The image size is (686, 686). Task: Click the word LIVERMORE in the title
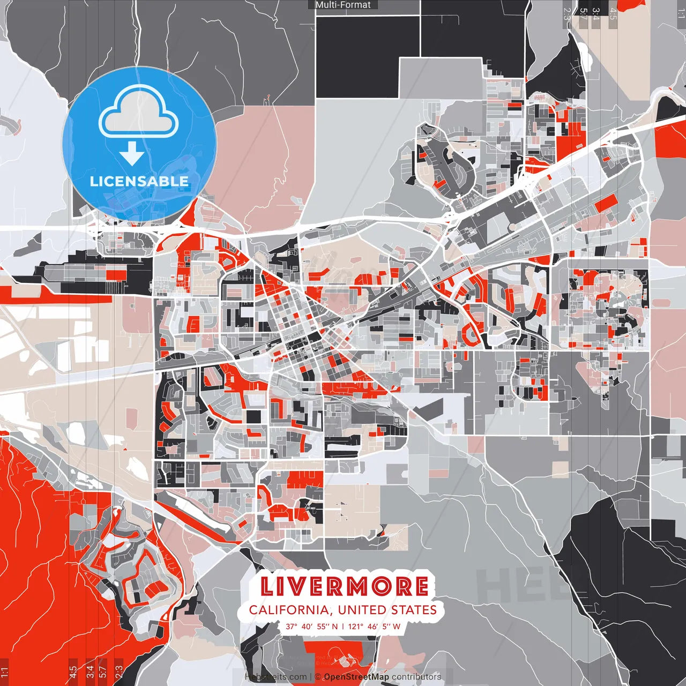point(344,587)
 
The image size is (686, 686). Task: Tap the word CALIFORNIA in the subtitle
point(288,610)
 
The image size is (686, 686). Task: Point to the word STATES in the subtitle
point(414,610)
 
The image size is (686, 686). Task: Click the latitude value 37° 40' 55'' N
point(311,627)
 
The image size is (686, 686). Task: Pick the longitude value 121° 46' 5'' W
point(374,627)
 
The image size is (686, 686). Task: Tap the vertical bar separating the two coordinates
point(343,627)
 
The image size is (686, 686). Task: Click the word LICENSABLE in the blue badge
point(139,181)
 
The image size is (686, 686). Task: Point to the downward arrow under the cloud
point(132,154)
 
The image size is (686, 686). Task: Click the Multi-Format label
point(343,5)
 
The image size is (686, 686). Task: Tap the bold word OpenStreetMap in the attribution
point(356,677)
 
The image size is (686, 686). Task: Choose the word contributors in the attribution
point(416,677)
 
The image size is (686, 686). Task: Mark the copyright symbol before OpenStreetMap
point(318,677)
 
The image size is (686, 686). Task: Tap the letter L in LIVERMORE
point(268,587)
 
